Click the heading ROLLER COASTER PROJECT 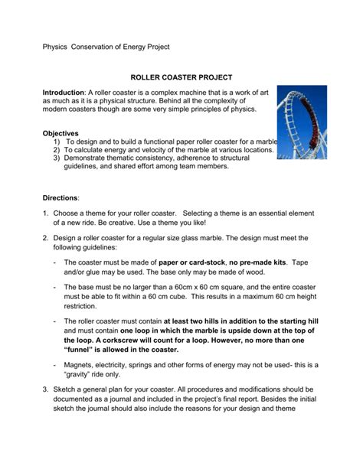coord(181,78)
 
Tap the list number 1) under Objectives coord(58,142)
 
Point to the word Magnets coord(82,366)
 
